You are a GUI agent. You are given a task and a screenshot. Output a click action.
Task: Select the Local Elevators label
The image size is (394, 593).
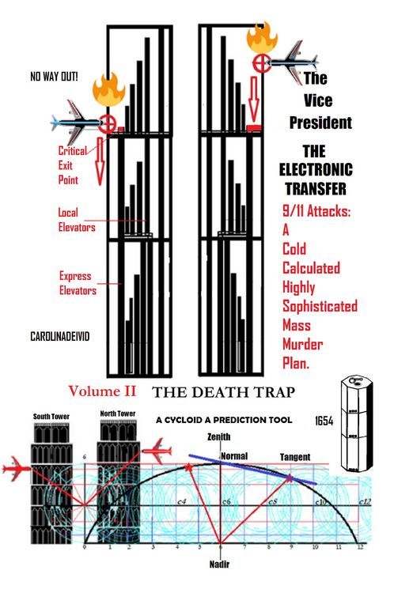[77, 219]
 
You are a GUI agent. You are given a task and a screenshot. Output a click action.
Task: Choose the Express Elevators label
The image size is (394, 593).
[78, 283]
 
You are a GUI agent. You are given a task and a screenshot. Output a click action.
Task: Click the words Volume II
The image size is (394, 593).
[103, 391]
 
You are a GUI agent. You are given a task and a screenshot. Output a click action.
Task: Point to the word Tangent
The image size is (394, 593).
[295, 457]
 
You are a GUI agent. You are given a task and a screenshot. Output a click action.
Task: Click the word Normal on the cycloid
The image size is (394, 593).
[234, 456]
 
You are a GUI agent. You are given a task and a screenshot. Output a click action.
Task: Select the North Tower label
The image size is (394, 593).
[116, 414]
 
